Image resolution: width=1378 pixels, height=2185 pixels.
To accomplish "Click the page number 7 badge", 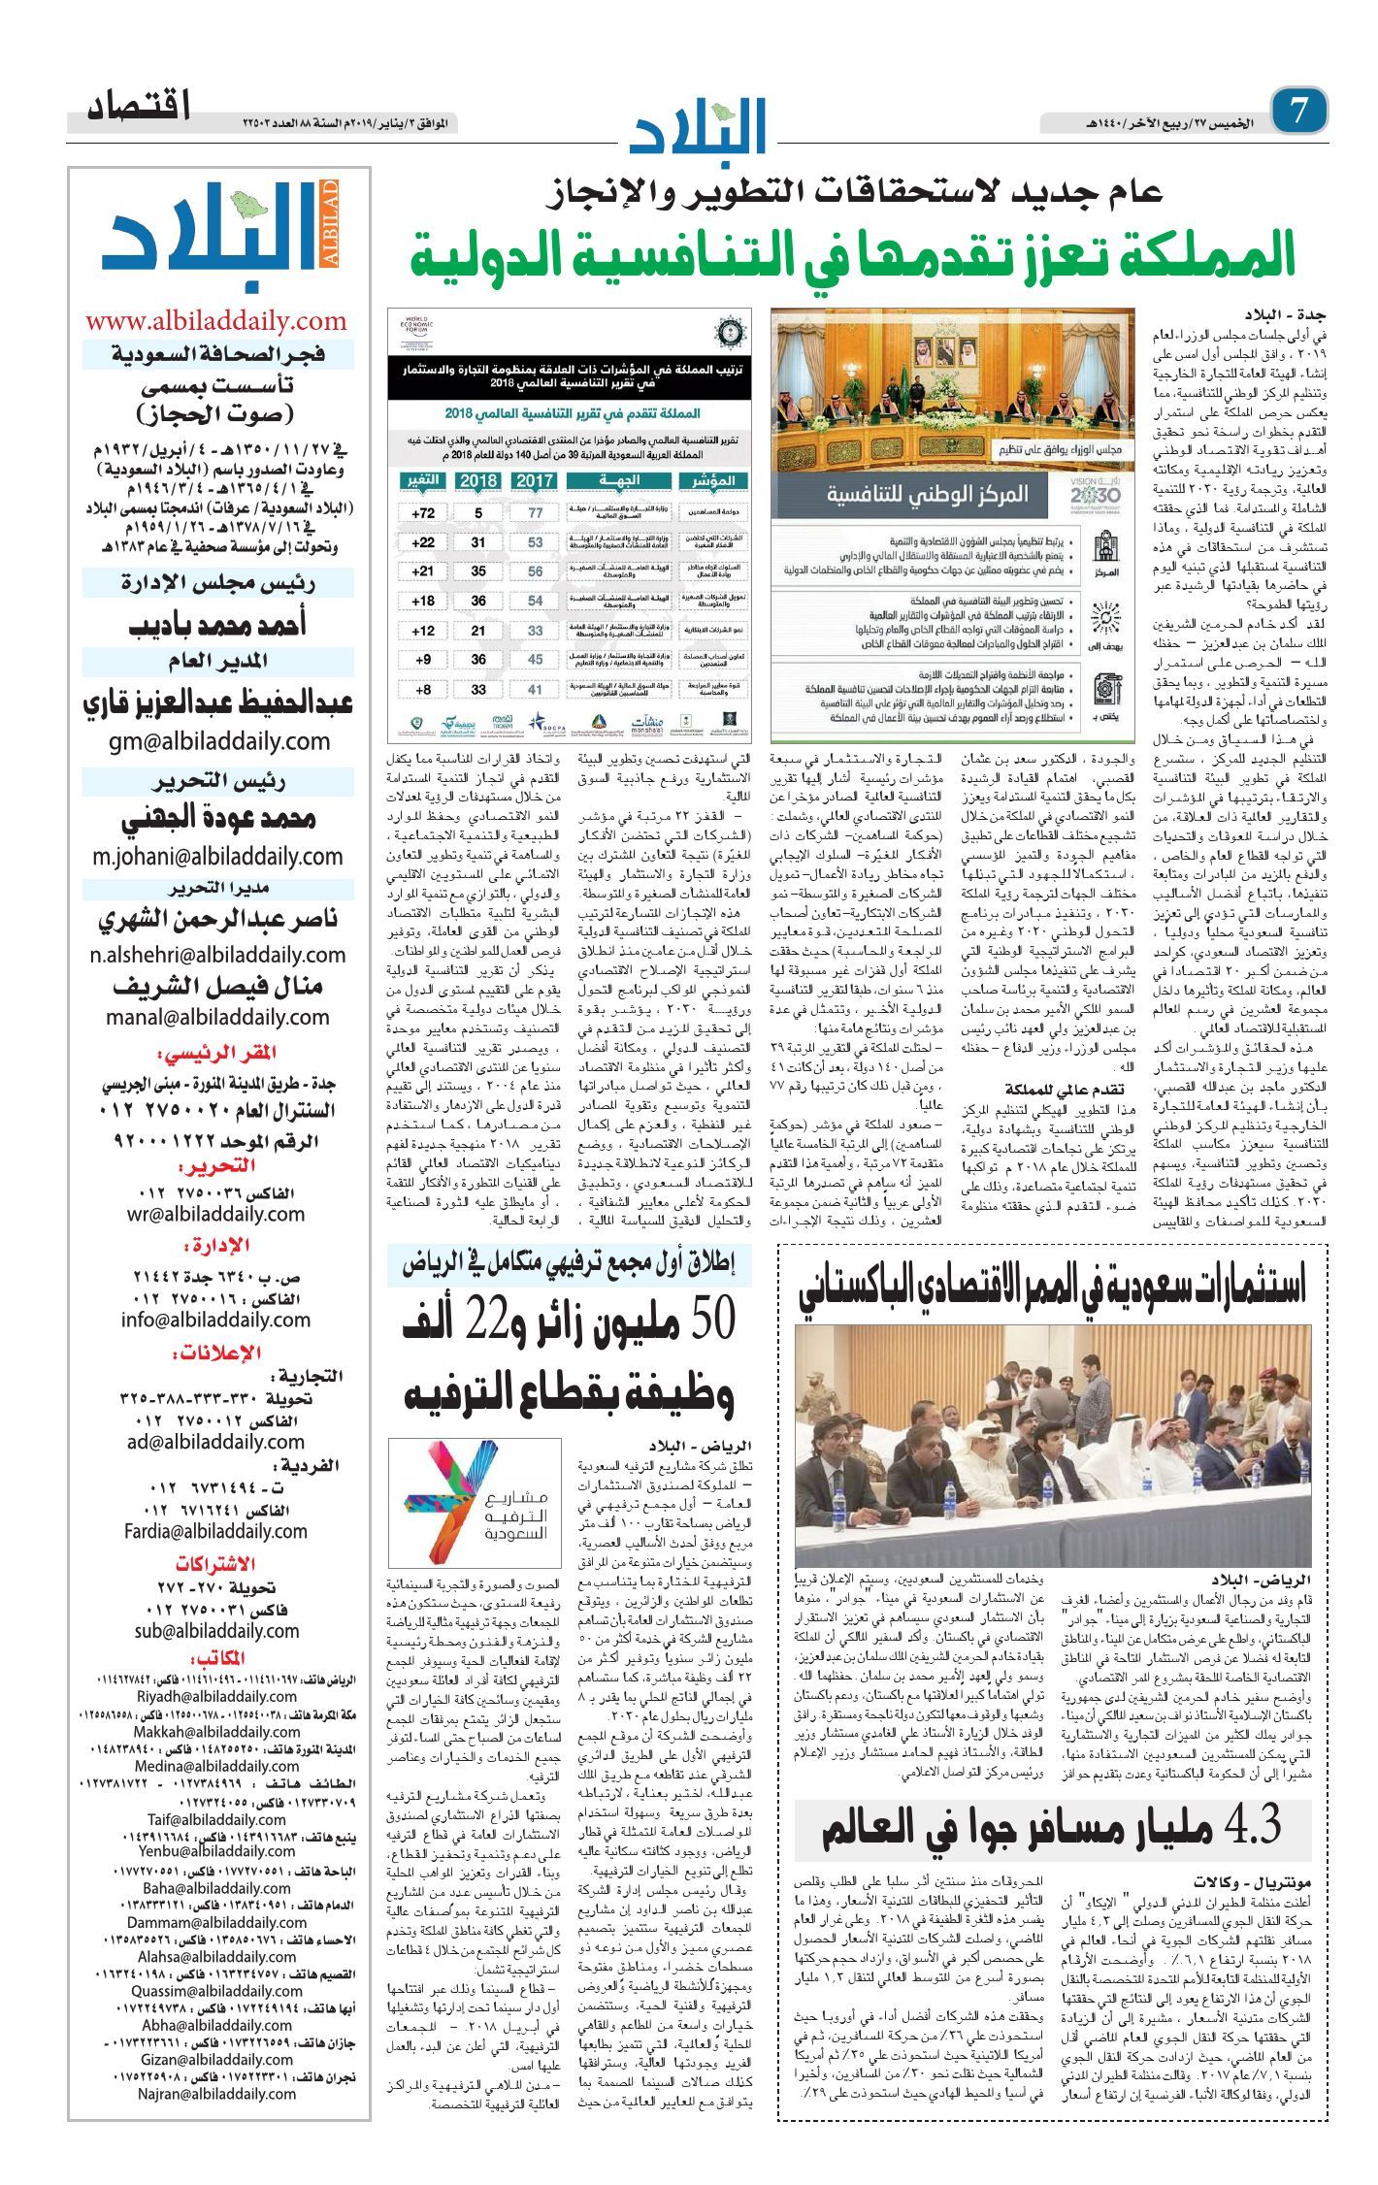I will pyautogui.click(x=1300, y=110).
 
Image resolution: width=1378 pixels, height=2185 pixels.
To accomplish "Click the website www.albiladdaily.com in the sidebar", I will pyautogui.click(x=215, y=321).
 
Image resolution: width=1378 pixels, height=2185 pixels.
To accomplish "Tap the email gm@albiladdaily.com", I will pyautogui.click(x=219, y=741).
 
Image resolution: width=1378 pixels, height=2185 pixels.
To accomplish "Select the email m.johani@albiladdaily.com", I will pyautogui.click(x=217, y=856).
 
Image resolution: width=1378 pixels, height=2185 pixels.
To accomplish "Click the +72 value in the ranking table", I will pyautogui.click(x=423, y=513).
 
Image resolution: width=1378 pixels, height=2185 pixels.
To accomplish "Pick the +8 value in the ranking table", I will pyautogui.click(x=423, y=690).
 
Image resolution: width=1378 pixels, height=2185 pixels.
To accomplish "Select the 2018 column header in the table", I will pyautogui.click(x=478, y=480).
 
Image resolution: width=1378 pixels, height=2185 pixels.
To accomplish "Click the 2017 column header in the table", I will pyautogui.click(x=535, y=480).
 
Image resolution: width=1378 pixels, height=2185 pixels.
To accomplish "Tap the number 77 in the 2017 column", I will pyautogui.click(x=536, y=513).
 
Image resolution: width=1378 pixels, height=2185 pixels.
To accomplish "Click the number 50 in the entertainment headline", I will pyautogui.click(x=701, y=1318).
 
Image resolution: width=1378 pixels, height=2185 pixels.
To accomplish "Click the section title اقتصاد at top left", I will pyautogui.click(x=138, y=106).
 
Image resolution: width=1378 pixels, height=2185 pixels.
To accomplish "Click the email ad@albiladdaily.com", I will pyautogui.click(x=215, y=1442).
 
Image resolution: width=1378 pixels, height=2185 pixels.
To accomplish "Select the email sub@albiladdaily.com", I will pyautogui.click(x=216, y=1631).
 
